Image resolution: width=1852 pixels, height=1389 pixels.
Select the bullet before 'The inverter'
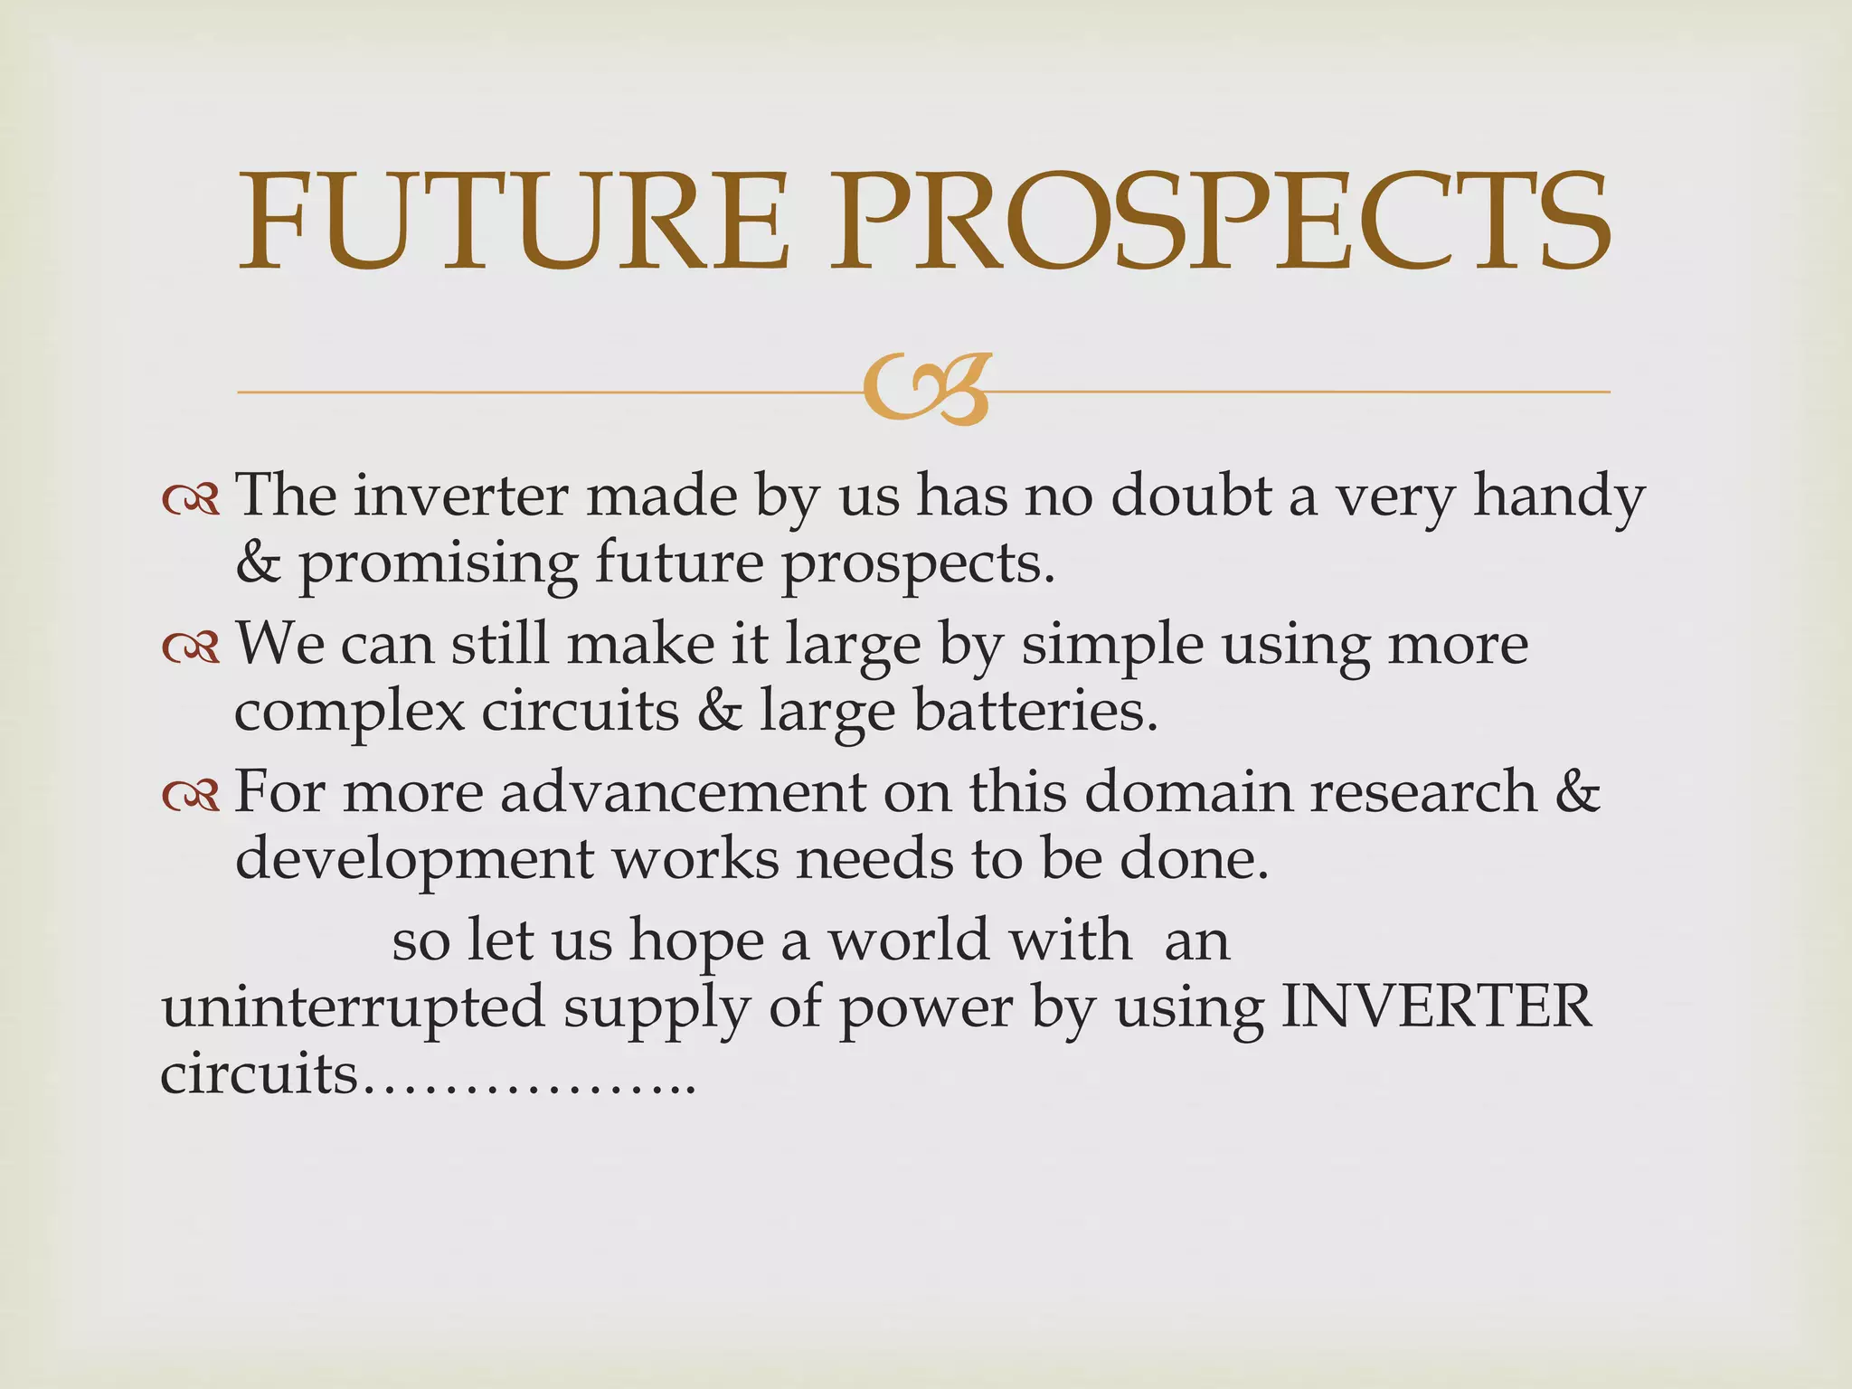(x=191, y=498)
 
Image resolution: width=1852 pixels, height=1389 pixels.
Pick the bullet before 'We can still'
(x=191, y=647)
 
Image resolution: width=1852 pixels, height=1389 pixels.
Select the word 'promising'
(x=438, y=565)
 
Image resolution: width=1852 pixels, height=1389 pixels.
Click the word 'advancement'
(x=683, y=792)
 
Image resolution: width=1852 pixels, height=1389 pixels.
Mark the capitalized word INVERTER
(x=1437, y=1006)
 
